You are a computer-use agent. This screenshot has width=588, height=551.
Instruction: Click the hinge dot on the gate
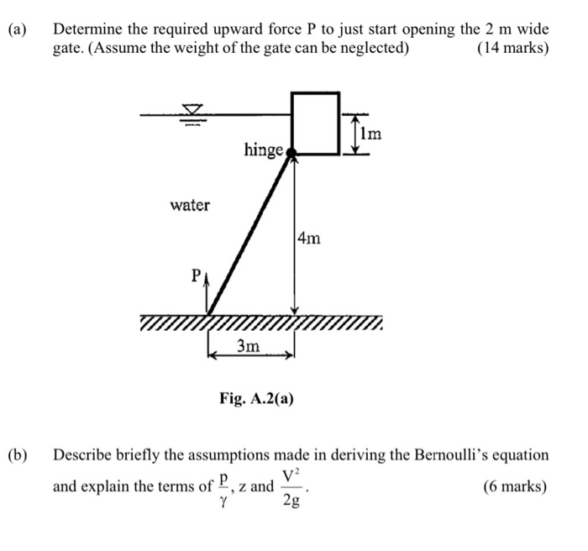point(291,152)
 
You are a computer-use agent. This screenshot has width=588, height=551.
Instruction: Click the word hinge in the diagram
point(263,150)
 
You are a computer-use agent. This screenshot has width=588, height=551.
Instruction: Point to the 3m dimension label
point(248,346)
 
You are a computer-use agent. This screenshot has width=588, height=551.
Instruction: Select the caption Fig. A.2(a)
point(256,399)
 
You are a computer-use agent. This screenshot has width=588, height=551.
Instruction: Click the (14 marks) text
point(512,48)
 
